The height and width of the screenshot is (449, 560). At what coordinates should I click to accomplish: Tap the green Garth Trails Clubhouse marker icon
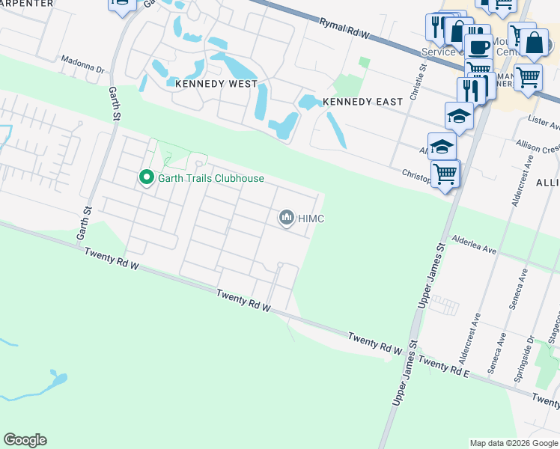tap(146, 178)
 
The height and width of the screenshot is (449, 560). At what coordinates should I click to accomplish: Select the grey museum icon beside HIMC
tap(285, 218)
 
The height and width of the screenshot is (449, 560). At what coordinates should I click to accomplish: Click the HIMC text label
tap(311, 219)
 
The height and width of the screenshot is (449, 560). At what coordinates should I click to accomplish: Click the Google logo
tap(25, 439)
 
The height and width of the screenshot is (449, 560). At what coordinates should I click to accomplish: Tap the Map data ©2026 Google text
tap(514, 443)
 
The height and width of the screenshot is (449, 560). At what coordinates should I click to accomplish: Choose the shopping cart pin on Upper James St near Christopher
tap(445, 174)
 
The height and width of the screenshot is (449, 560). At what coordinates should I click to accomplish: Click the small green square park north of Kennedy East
tap(365, 63)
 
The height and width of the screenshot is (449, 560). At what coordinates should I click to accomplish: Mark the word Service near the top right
tap(438, 52)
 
